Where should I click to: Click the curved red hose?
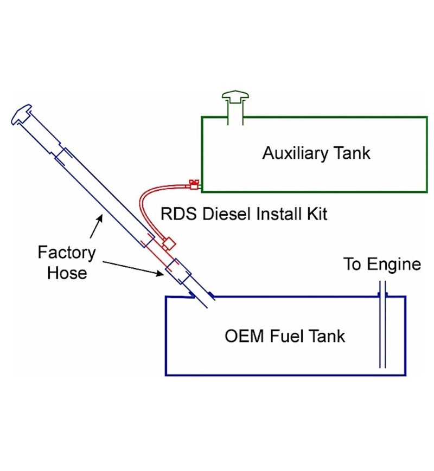145,205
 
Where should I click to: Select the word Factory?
67,253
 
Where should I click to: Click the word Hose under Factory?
67,272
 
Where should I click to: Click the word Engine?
394,264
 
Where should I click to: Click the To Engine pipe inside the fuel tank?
382,336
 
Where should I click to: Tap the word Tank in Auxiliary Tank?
352,153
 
